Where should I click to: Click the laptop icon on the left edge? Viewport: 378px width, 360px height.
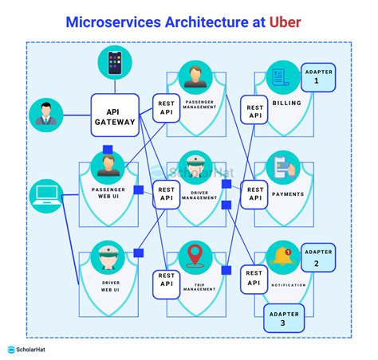[x=45, y=194]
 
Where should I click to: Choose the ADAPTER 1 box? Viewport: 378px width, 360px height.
[x=315, y=76]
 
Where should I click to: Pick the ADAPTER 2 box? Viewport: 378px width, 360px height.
[x=316, y=258]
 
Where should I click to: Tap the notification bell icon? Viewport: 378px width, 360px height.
[x=283, y=256]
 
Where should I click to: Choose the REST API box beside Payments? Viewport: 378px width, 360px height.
[x=255, y=195]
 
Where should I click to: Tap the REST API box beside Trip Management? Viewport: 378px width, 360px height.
[x=167, y=283]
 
